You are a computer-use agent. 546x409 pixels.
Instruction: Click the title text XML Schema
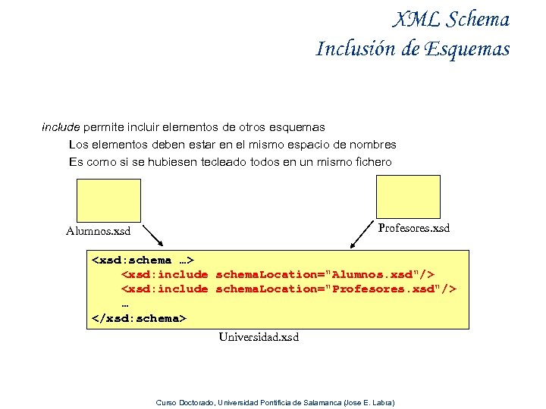tap(452, 20)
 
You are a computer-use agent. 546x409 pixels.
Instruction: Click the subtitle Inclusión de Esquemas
tap(413, 49)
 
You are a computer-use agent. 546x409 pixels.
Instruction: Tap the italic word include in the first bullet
tap(61, 126)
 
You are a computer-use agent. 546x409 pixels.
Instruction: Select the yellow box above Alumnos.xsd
tap(108, 199)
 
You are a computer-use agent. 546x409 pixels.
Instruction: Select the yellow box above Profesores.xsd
tap(409, 195)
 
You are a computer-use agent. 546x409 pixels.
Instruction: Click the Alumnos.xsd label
tap(98, 231)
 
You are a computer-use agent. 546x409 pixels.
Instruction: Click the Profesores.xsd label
tap(413, 228)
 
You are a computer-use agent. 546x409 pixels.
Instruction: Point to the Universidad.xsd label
tap(259, 336)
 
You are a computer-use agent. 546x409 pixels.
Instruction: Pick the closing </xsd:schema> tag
tap(138, 317)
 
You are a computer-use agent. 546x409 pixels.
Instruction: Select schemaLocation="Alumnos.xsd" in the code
tap(325, 274)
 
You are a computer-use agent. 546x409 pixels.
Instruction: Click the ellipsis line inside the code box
tap(125, 303)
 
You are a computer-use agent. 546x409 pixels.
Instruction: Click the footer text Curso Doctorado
tap(184, 402)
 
